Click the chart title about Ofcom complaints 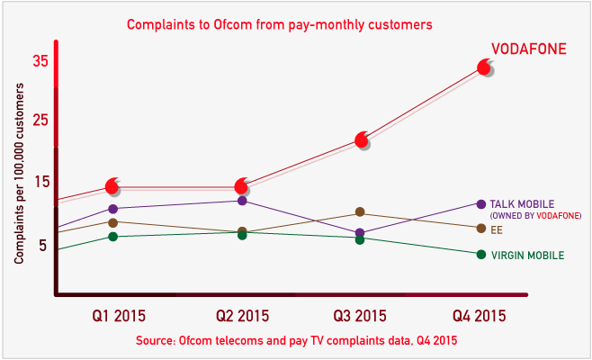coord(280,24)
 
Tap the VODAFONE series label coord(528,50)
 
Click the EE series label coord(497,229)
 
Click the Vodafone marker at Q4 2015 coord(484,67)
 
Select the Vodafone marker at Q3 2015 coord(362,139)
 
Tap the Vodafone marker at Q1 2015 coord(112,186)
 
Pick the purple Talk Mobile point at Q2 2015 coord(241,200)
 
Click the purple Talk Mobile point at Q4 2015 coord(481,204)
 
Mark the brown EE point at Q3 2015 coord(360,212)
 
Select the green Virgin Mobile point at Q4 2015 coord(481,254)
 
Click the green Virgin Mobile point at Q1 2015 coord(112,237)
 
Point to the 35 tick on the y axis coord(40,62)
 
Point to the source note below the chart coord(296,341)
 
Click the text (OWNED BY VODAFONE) coord(535,216)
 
